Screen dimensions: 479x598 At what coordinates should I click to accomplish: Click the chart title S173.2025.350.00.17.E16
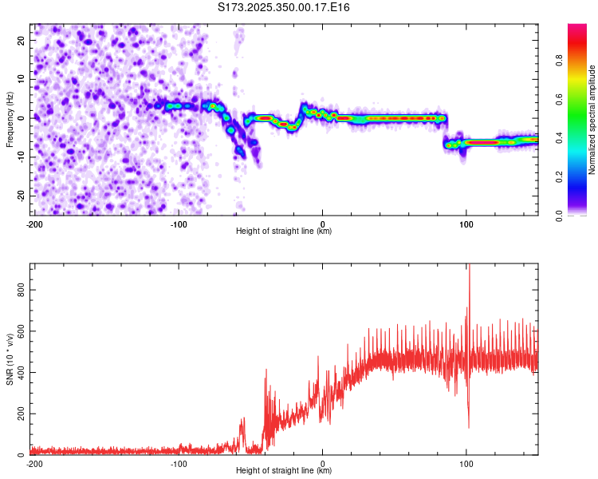tap(284, 8)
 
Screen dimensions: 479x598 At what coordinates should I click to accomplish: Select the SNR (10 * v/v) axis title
tap(10, 359)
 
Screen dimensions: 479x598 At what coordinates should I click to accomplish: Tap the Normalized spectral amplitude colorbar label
tap(592, 120)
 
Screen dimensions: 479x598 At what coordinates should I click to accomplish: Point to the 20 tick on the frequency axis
tap(22, 40)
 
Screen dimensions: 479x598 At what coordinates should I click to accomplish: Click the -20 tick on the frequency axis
tap(20, 196)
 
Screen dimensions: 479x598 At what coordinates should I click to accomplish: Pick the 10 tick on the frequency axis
tap(22, 79)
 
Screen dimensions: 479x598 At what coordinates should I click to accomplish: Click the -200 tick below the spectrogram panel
tap(34, 224)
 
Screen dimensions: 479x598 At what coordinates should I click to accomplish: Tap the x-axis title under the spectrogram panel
tap(284, 232)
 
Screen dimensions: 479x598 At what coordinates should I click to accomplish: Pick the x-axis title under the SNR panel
tap(284, 471)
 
